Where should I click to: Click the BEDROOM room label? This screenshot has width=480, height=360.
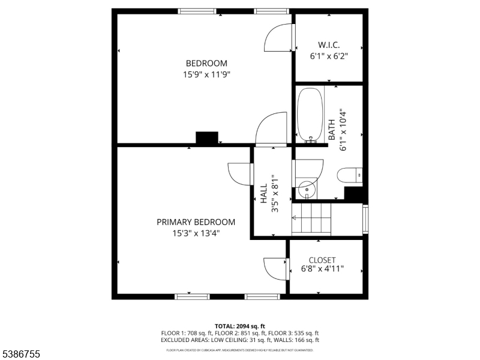206,64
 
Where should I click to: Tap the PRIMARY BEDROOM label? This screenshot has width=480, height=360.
196,222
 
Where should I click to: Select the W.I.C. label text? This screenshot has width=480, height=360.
329,45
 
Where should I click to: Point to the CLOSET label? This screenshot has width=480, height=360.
322,260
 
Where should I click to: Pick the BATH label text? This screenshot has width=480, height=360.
332,130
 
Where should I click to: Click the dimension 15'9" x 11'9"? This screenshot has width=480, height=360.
206,75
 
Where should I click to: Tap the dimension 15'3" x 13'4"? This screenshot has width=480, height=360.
196,233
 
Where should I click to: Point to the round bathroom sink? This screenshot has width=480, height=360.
307,189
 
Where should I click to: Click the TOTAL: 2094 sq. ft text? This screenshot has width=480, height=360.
239,326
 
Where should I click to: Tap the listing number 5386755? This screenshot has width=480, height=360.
20,355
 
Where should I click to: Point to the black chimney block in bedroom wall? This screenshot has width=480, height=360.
208,138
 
